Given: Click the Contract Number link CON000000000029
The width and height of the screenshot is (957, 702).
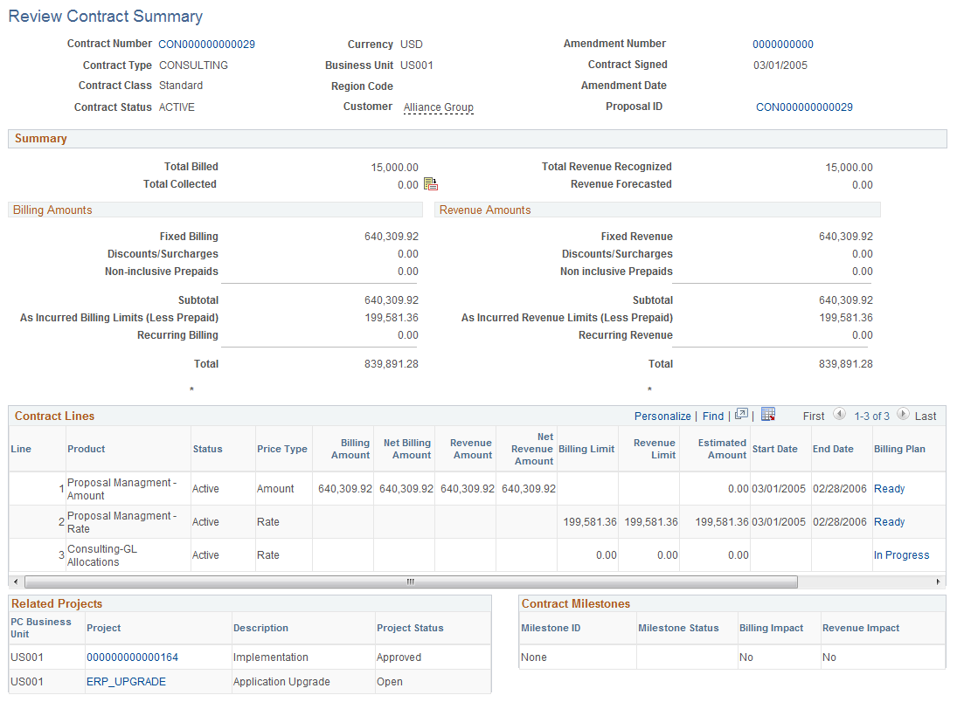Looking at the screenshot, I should pos(206,44).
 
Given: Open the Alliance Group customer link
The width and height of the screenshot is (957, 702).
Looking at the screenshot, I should pos(438,107).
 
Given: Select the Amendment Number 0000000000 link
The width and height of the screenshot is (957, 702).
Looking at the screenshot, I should pos(782,45).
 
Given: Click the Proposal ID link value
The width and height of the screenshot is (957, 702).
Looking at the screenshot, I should pos(804,107).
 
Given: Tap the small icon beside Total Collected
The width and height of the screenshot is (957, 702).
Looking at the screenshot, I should pos(430,184).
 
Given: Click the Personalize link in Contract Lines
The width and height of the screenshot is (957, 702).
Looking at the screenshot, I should pos(662,416).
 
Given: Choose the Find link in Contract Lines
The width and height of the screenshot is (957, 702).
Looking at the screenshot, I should pos(713,416).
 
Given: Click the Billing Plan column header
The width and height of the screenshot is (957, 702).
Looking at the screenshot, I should pos(899,449).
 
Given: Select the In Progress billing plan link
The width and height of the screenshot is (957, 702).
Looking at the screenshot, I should pos(901,555).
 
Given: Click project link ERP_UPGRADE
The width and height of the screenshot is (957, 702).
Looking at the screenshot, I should pos(126,682).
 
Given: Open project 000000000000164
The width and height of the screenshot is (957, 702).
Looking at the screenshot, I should pos(132,657).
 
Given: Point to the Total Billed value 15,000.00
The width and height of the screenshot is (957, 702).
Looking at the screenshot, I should pos(394,168).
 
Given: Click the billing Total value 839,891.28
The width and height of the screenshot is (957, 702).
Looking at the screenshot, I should pos(391,364).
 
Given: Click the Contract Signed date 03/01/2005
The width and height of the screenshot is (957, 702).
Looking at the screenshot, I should pos(780,65).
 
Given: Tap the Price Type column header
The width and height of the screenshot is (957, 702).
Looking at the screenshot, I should pos(281,449).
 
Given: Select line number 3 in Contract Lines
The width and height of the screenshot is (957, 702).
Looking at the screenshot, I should pos(61,555).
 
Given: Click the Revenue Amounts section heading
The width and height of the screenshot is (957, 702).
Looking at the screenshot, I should pos(485,210).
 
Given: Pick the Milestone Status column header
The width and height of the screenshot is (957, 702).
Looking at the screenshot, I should pos(678,628).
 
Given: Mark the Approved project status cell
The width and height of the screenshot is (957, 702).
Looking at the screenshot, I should pos(399,657).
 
